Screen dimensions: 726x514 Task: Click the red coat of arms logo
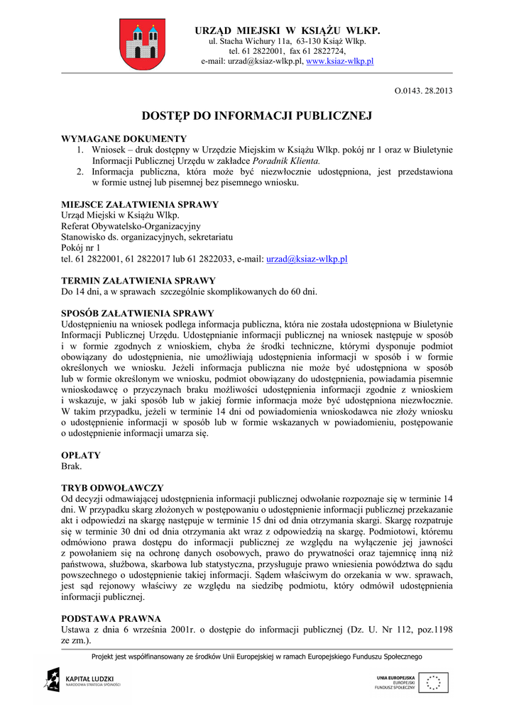142,44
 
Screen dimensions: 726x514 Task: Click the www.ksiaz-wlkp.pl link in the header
339,62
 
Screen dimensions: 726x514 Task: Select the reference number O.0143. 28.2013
423,91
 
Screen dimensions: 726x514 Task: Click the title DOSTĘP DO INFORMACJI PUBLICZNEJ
257,115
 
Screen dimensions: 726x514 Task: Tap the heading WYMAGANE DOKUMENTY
124,139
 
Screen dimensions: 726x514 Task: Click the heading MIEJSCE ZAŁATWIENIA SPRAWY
140,205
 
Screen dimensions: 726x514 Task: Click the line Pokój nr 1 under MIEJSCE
81,248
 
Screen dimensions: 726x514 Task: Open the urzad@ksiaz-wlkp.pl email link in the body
306,259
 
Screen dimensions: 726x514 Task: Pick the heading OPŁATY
81,455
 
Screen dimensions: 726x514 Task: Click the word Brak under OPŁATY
72,467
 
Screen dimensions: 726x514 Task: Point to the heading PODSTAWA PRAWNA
111,618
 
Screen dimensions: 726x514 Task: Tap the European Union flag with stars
432,683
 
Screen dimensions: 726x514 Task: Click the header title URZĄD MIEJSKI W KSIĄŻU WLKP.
288,30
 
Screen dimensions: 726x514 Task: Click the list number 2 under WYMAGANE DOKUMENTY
80,172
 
